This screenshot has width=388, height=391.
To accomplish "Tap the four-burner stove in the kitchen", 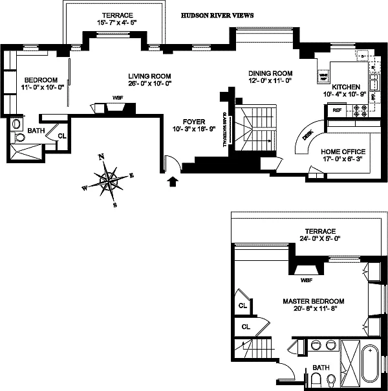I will click(x=359, y=111).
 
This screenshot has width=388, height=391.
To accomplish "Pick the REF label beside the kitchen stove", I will click(x=337, y=111).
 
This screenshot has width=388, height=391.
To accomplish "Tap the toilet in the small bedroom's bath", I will click(x=17, y=124).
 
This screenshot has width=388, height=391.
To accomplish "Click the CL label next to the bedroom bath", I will click(x=62, y=136).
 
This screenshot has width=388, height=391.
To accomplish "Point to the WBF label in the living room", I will click(x=117, y=98).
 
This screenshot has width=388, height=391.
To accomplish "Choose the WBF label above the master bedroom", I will click(x=307, y=281).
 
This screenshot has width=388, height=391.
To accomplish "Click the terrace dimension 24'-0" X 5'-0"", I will click(x=323, y=239).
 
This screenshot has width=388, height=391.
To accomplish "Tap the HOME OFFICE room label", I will click(x=343, y=152).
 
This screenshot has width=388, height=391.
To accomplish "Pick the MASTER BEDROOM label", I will click(x=313, y=302).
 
